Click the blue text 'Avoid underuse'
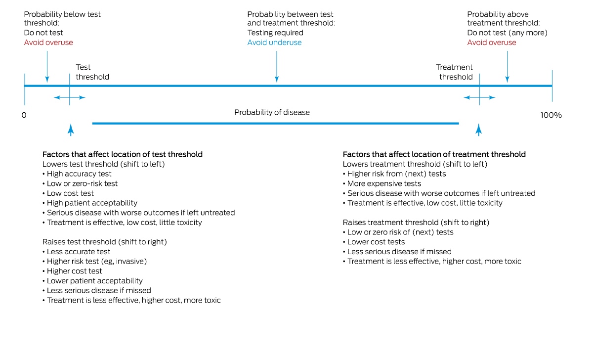(x=274, y=43)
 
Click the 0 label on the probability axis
(x=24, y=115)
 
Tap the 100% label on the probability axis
(x=551, y=115)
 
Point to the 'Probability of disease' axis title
(x=272, y=112)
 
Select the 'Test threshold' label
(x=92, y=72)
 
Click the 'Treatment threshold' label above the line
(x=454, y=72)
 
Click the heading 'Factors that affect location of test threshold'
(x=123, y=154)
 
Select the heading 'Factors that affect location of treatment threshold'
(x=434, y=154)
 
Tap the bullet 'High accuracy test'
(x=77, y=174)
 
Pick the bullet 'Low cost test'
(x=68, y=193)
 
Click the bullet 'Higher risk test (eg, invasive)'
(x=94, y=262)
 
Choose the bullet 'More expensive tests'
(x=382, y=183)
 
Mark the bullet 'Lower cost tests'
(x=374, y=242)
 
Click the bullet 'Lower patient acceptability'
(x=92, y=281)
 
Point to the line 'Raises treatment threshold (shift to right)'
(x=416, y=223)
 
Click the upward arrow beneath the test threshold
(x=71, y=130)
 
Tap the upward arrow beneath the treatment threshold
(x=479, y=130)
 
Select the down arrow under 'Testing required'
(x=277, y=67)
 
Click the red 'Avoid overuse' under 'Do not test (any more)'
(x=492, y=43)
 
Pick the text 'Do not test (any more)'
(x=507, y=33)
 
